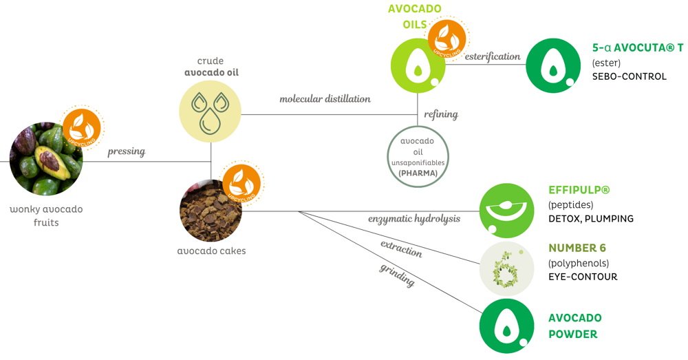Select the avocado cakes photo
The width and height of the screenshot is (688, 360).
pyautogui.click(x=211, y=211)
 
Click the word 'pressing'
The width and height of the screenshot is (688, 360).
pyautogui.click(x=126, y=151)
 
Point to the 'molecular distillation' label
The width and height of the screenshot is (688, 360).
pyautogui.click(x=325, y=99)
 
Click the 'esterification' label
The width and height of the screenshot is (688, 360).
pyautogui.click(x=492, y=56)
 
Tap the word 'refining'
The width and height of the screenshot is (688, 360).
pyautogui.click(x=441, y=114)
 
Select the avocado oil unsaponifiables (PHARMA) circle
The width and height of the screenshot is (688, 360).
pyautogui.click(x=418, y=156)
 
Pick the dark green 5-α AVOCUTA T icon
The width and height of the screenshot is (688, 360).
pyautogui.click(x=552, y=65)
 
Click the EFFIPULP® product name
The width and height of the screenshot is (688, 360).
pyautogui.click(x=579, y=190)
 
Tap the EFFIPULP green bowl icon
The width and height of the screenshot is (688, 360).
pyautogui.click(x=506, y=211)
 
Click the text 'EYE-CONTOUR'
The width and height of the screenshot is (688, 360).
pyautogui.click(x=582, y=277)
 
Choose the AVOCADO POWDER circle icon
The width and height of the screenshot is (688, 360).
pyautogui.click(x=506, y=326)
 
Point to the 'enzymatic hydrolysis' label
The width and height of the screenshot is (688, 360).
pyautogui.click(x=413, y=219)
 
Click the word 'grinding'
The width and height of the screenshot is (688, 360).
pyautogui.click(x=397, y=273)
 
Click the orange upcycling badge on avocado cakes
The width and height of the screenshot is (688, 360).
pyautogui.click(x=242, y=182)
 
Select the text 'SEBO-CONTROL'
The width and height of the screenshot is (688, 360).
pyautogui.click(x=629, y=76)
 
